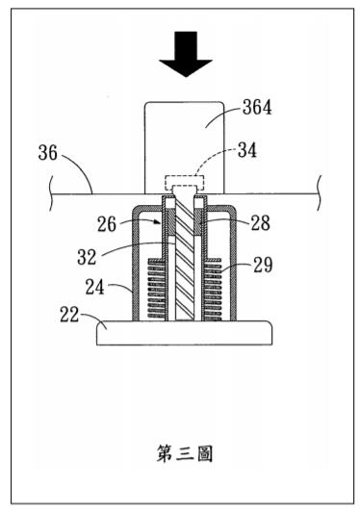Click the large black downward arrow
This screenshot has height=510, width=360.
[x=186, y=54]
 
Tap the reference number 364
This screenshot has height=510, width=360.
[x=257, y=108]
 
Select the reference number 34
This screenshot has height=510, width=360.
[x=247, y=150]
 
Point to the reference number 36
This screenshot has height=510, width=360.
[x=47, y=153]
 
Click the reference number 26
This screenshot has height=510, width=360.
[x=107, y=224]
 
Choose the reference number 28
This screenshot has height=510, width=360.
[x=261, y=223]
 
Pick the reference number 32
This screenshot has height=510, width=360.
[x=87, y=257]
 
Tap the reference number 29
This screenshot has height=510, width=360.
[x=263, y=265]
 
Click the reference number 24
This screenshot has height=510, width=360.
[x=94, y=287]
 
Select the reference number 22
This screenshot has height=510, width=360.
[x=69, y=315]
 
